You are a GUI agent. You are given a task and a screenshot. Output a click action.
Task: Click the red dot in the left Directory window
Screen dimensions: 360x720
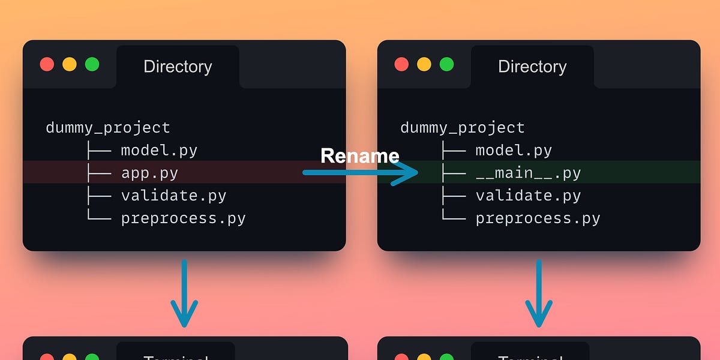[x=47, y=65]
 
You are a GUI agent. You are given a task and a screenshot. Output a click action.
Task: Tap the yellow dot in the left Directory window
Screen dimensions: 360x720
[x=70, y=65]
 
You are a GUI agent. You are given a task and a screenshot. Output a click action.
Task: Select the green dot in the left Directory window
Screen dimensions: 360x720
[x=92, y=65]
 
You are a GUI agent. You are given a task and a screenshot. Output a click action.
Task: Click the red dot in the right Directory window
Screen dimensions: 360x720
[x=401, y=65]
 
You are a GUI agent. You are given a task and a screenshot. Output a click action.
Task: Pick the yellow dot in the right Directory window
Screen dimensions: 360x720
[x=424, y=65]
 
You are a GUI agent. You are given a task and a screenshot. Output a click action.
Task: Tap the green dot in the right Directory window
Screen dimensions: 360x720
[x=446, y=65]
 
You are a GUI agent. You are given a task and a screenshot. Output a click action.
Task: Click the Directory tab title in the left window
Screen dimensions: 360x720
[x=178, y=67]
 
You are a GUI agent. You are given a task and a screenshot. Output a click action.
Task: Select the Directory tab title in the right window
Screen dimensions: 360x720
[x=532, y=67]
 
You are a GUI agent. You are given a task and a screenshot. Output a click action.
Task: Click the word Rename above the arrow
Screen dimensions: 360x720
[x=359, y=156]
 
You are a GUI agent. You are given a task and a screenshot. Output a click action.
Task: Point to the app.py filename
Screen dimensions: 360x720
[x=149, y=173]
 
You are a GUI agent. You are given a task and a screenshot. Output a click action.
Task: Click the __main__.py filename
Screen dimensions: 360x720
[x=528, y=173]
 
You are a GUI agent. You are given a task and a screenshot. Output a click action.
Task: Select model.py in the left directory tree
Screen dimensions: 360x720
[x=159, y=150]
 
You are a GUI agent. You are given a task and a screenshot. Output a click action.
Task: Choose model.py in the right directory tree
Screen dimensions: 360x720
[x=514, y=150]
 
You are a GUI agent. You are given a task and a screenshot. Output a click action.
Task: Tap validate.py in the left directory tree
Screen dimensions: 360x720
[x=173, y=196]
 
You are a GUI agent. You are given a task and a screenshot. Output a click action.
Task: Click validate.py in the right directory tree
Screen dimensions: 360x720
[x=528, y=196]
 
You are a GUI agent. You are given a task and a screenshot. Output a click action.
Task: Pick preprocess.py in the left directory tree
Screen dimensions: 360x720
[x=183, y=218]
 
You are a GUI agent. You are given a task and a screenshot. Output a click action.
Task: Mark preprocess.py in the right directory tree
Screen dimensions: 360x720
[x=538, y=218]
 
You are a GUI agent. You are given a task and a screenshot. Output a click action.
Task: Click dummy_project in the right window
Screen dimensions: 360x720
[x=462, y=128]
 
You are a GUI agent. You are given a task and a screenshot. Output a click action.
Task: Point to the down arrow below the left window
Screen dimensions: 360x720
[x=184, y=294]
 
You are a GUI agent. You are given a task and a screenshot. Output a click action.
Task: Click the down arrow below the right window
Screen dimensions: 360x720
[x=539, y=294]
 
